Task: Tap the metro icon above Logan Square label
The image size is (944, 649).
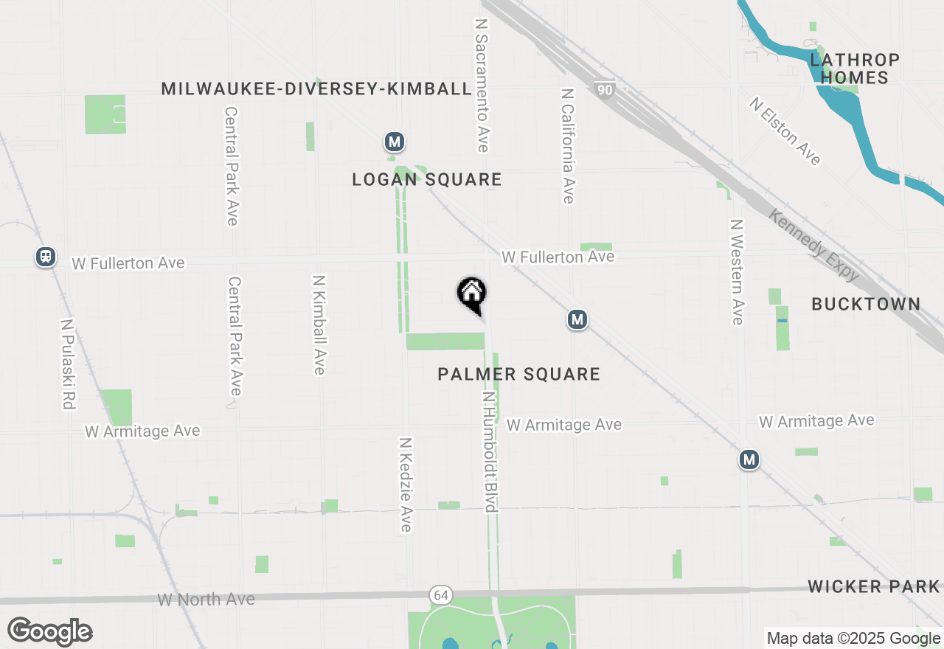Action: (x=395, y=141)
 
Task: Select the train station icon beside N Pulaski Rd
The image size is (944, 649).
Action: (x=46, y=257)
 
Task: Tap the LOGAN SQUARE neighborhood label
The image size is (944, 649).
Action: (x=427, y=179)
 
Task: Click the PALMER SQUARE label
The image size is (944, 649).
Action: (x=518, y=374)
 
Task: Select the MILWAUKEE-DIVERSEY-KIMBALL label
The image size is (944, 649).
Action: (x=316, y=88)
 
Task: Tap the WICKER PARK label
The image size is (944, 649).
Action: (x=874, y=586)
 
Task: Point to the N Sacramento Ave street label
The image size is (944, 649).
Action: (x=482, y=85)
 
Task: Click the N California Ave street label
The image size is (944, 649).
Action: (x=567, y=146)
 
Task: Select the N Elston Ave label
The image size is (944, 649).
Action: (x=785, y=131)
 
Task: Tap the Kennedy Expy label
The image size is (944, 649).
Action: (x=813, y=245)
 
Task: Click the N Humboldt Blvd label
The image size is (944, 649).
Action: (x=489, y=451)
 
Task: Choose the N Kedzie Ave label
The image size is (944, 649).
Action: (x=405, y=484)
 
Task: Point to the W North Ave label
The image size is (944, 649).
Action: (x=206, y=599)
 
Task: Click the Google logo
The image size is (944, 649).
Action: (x=49, y=631)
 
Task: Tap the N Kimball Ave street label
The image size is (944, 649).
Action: (x=319, y=324)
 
